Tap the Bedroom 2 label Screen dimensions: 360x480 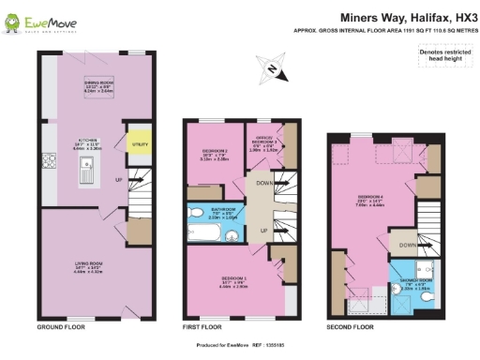[x=215, y=156]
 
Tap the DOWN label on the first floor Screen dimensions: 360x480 [x=265, y=183]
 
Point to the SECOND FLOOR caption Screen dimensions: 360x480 [x=350, y=328]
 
